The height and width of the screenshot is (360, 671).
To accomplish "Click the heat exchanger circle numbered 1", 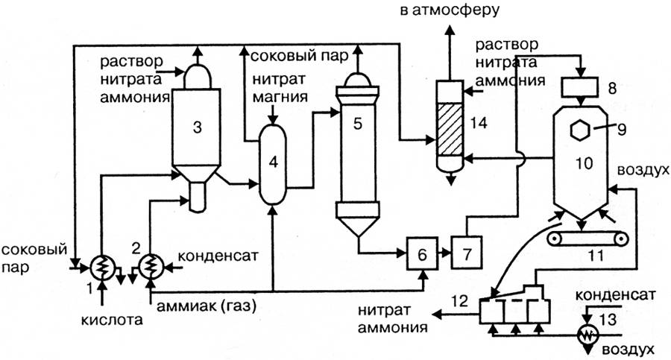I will click(100, 266).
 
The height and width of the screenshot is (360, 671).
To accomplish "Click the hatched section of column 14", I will click(450, 127).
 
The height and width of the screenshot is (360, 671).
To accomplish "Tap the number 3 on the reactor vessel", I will click(197, 127).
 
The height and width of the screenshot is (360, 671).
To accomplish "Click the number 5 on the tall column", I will click(357, 124).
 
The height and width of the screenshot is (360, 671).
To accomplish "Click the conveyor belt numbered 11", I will click(586, 239).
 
